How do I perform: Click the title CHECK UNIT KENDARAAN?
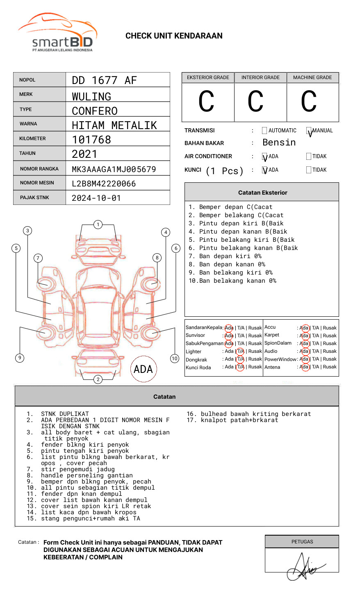(174, 36)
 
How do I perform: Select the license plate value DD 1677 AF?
(104, 80)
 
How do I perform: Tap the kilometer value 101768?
(91, 140)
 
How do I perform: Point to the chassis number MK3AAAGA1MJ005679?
(114, 169)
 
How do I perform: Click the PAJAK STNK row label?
(34, 198)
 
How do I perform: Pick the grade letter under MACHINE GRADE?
(308, 102)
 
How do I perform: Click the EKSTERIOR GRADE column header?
(208, 77)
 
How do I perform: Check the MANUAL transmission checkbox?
(309, 131)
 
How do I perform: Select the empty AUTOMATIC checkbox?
(264, 131)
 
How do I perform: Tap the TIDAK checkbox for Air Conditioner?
(309, 157)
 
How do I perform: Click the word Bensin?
(279, 143)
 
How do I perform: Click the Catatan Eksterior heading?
(262, 193)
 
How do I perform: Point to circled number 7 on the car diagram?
(38, 258)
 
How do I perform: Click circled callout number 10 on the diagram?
(175, 359)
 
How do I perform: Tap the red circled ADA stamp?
(143, 369)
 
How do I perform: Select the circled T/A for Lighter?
(240, 351)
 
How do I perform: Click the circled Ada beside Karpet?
(304, 336)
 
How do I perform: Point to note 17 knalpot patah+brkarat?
(232, 420)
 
